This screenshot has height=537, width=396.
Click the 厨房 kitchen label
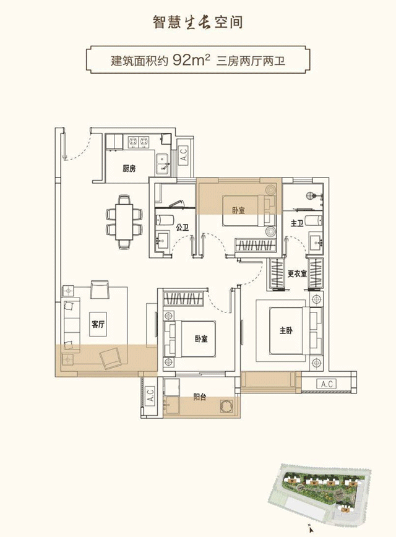point(129,168)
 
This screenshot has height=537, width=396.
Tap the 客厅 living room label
point(98,324)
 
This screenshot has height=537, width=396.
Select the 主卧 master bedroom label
point(286,330)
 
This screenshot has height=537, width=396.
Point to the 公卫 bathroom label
point(183,227)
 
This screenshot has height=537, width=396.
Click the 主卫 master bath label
point(296,223)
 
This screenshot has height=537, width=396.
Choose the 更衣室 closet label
point(297,273)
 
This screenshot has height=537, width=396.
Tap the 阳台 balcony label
point(200,397)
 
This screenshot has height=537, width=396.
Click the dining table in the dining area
point(124,221)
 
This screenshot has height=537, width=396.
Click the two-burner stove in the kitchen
point(139,142)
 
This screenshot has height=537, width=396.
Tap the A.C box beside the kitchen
point(184,153)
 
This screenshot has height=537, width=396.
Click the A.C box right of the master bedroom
point(327,384)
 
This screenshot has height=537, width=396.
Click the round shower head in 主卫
point(310,196)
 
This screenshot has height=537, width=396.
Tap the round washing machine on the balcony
point(226,405)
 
